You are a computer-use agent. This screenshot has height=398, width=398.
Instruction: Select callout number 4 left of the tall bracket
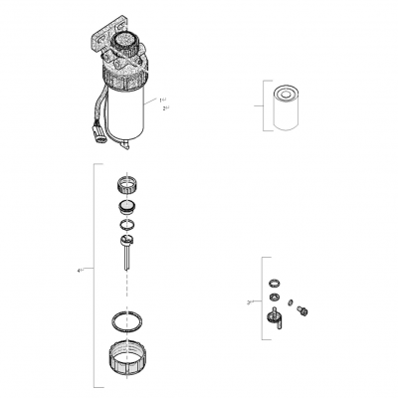click(x=79, y=269)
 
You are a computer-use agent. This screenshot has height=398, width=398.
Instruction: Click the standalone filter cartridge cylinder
click(x=281, y=107)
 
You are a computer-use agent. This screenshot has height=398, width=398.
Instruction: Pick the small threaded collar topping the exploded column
click(x=126, y=183)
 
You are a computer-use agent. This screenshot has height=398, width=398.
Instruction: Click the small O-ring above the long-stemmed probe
click(x=125, y=226)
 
